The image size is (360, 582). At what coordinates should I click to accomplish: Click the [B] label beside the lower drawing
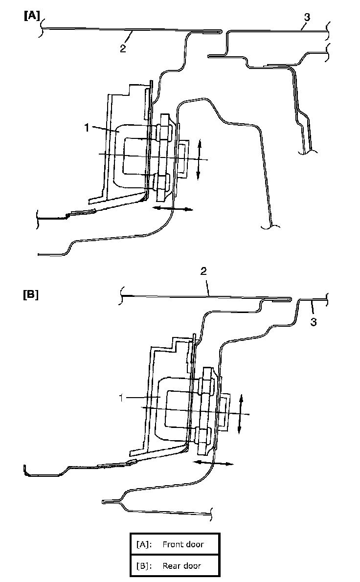click(x=31, y=296)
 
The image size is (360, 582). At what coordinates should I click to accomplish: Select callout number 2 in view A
click(x=123, y=48)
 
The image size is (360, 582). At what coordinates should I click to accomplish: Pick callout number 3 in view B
click(x=314, y=322)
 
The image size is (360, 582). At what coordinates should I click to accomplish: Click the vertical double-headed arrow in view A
click(x=199, y=159)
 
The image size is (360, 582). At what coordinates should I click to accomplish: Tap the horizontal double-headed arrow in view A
click(x=172, y=209)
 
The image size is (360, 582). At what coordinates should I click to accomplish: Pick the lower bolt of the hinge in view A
click(x=160, y=182)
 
